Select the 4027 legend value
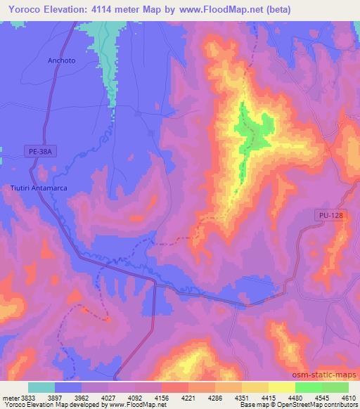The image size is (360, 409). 108,397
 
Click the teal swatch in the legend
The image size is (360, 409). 41,387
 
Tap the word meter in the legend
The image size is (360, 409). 11,397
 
